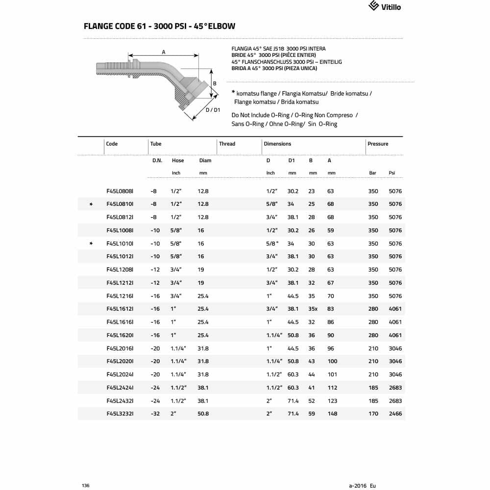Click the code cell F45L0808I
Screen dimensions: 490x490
tap(120, 191)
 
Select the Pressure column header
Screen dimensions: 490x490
tap(377, 144)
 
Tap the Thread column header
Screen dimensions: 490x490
tap(227, 144)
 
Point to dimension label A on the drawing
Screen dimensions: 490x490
tap(164, 52)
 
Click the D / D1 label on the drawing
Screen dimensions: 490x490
tap(212, 110)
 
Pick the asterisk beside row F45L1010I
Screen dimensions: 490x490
tap(91, 244)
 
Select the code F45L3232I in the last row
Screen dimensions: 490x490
tap(120, 414)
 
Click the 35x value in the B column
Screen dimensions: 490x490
tap(313, 309)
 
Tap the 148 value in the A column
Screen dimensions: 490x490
tap(333, 414)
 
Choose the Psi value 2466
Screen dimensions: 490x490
tap(395, 414)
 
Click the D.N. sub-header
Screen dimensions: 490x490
tap(157, 160)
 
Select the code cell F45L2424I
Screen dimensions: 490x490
tap(120, 388)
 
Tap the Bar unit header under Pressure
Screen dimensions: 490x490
tap(372, 173)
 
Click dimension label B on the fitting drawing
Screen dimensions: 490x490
tap(215, 84)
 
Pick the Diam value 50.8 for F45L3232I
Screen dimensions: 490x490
tap(203, 414)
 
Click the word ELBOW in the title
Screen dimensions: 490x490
tap(220, 26)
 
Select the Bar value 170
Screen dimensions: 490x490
tap(373, 414)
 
